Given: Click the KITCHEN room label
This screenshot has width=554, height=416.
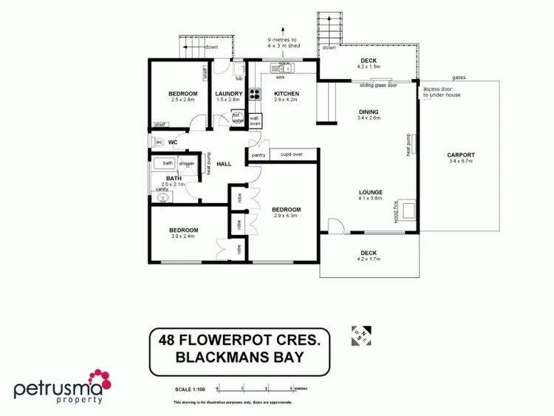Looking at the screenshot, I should tap(286, 94).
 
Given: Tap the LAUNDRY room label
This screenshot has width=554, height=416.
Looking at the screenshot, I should tap(229, 94).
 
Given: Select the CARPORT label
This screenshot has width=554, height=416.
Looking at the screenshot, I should tap(461, 155).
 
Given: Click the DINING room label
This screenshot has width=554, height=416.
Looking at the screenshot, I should tap(368, 112).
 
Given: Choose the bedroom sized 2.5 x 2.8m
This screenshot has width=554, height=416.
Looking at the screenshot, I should tap(182, 94).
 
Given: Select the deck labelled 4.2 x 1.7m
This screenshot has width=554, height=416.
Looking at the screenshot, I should tap(368, 253).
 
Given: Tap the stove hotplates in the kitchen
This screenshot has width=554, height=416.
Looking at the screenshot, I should tap(255, 94).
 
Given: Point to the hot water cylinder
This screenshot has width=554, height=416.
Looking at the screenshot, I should tap(237, 117).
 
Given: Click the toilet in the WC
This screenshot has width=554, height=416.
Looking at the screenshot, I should tap(158, 142).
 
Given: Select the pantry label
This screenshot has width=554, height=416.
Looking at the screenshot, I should tap(258, 155).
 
